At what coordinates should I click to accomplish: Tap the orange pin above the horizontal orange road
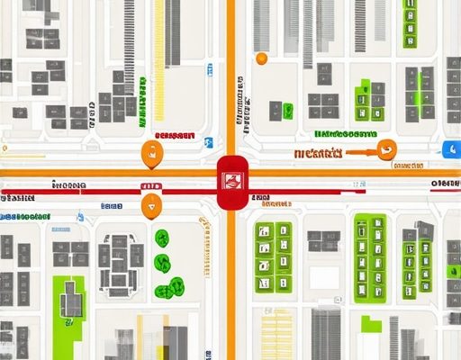pos(150,153)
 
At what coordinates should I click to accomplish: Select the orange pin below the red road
pos(151,204)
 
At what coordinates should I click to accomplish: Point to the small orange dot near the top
pos(261,58)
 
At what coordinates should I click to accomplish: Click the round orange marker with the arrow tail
pos(388,151)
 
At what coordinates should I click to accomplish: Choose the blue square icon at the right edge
pos(451,150)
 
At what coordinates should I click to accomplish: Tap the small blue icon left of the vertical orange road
pos(208,142)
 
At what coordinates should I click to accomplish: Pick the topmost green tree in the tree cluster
pos(162,238)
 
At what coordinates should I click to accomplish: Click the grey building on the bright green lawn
pos(72,299)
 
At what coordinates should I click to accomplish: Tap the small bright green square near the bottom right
pos(369,322)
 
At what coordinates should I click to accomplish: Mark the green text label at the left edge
pos(25,217)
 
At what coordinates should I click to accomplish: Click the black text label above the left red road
pos(68,185)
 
